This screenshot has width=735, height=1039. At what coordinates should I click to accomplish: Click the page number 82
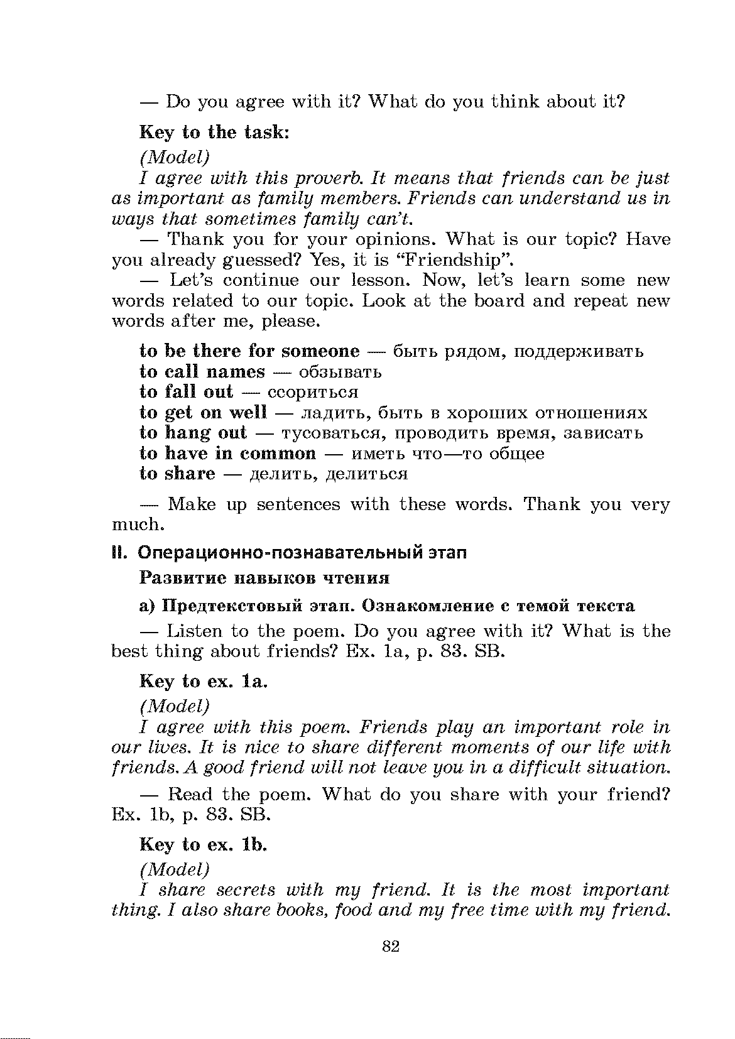click(391, 946)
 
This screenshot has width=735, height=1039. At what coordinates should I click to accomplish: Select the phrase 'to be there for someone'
click(249, 351)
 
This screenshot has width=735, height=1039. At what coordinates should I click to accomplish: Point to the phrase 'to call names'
click(202, 371)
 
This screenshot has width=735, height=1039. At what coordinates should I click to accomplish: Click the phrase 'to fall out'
click(186, 392)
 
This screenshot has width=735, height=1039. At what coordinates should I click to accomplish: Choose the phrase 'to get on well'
click(203, 413)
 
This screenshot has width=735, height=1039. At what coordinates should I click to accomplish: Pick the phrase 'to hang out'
click(193, 433)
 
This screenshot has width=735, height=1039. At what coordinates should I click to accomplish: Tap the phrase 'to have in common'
click(227, 454)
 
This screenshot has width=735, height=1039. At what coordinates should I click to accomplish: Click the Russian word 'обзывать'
click(340, 372)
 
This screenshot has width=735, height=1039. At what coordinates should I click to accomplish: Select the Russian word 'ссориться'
click(313, 393)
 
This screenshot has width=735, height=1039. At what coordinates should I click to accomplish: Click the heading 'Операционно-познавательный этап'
click(302, 553)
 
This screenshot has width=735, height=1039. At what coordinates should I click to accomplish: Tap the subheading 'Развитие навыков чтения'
click(264, 577)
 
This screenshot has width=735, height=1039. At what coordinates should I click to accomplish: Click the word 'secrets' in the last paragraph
click(246, 890)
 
